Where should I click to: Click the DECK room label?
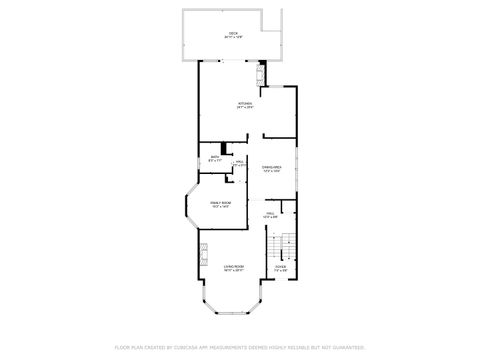[233, 33]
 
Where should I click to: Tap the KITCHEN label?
[245, 103]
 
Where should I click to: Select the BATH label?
[214, 156]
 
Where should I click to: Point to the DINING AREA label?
[271, 167]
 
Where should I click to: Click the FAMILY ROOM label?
[220, 203]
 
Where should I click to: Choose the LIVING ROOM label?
[233, 267]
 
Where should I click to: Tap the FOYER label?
[280, 267]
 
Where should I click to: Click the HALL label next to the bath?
[240, 161]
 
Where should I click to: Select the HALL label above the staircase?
[270, 213]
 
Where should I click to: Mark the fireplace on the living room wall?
[200, 250]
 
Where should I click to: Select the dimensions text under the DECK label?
[233, 38]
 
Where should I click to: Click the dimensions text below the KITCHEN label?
[245, 108]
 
